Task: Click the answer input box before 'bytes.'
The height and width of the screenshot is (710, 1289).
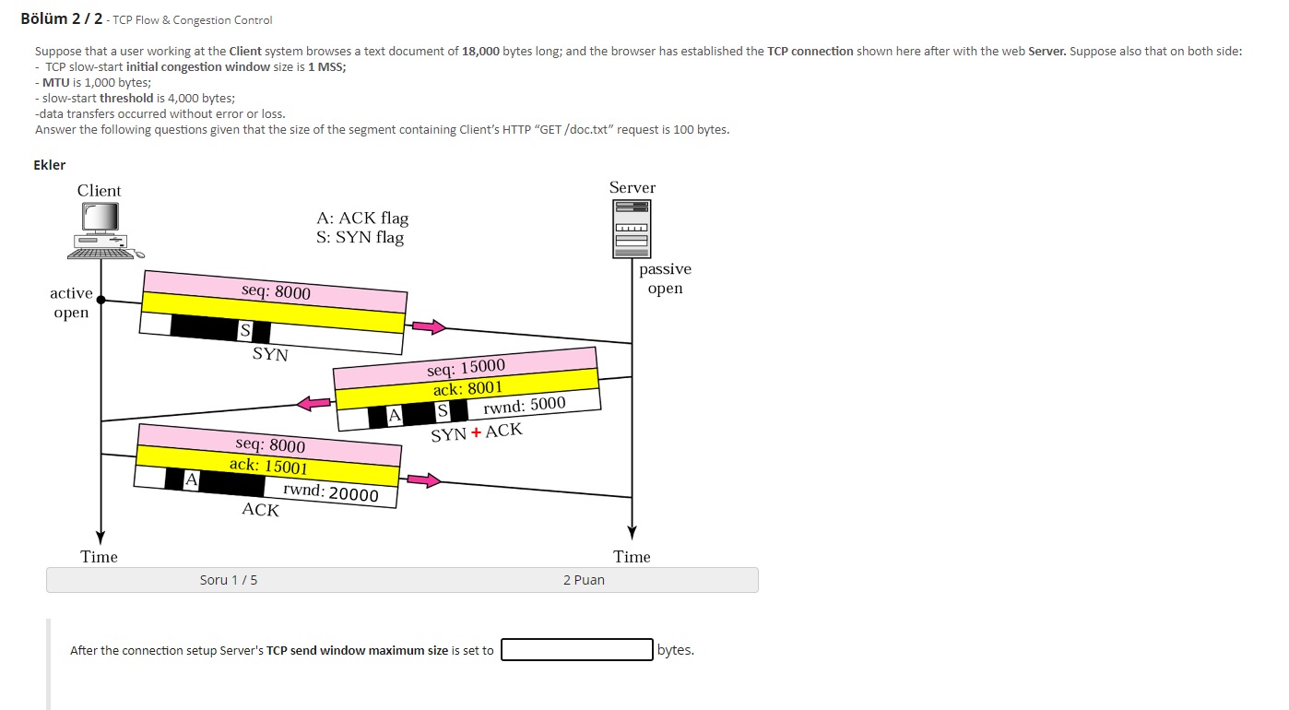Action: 577,650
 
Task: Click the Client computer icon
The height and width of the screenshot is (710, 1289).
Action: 103,231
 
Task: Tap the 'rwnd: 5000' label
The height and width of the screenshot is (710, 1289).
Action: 524,405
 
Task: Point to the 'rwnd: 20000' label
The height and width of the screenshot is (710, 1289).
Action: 331,492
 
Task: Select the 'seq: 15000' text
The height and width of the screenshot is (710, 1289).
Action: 466,368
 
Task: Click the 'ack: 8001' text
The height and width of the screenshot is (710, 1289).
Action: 467,388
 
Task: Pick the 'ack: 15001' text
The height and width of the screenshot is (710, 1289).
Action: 268,466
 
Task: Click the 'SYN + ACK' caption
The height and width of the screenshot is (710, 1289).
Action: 476,432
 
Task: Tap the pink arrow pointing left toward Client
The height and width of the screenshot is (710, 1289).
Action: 313,402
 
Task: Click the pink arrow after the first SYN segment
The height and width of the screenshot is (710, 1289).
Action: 428,326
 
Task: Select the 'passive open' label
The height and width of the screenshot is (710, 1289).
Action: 665,278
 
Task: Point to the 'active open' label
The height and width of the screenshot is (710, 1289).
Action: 71,302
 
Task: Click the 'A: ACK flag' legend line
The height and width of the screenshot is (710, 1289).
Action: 361,219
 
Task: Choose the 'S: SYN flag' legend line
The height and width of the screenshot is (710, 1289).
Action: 360,238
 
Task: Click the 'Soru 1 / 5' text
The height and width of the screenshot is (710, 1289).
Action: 229,580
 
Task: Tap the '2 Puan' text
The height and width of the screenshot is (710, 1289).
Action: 584,580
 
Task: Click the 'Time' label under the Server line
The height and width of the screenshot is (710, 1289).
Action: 632,557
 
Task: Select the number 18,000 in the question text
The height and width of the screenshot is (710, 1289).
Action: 480,51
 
